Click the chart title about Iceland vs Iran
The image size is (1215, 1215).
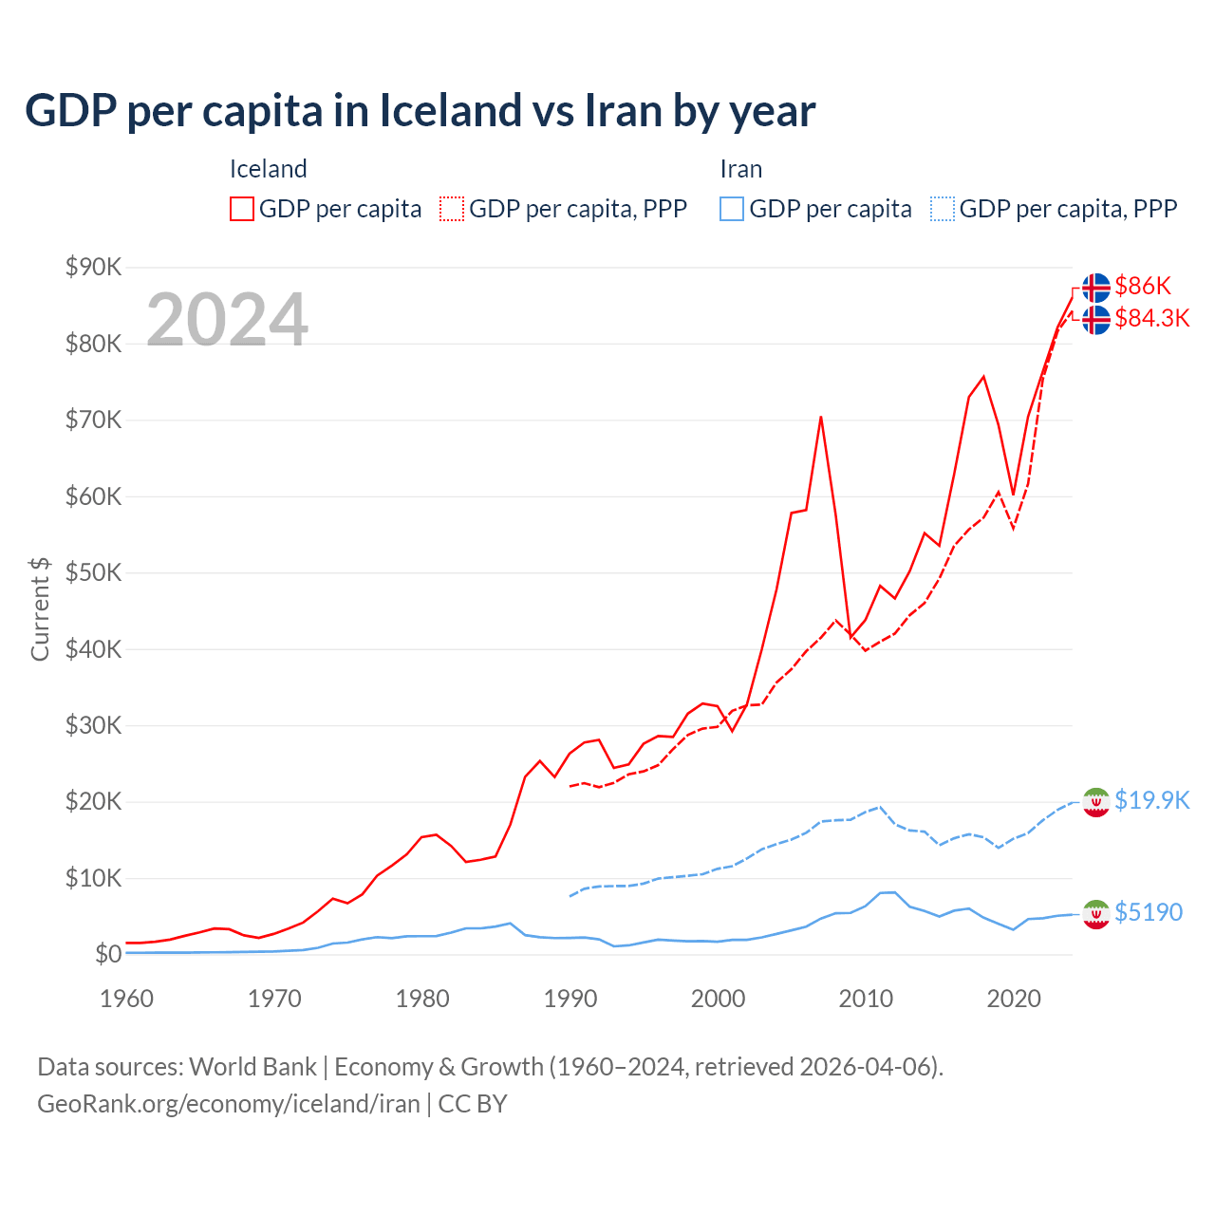coord(420,111)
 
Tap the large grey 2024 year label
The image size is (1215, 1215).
coord(227,320)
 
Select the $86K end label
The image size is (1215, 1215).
coord(1143,286)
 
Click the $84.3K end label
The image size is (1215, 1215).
coord(1151,318)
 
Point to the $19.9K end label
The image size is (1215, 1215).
coord(1151,800)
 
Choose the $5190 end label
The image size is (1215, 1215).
coord(1149,912)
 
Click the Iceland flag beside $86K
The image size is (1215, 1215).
coord(1096,287)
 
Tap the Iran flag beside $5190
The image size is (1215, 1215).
coord(1096,913)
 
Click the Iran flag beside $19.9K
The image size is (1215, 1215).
coord(1096,802)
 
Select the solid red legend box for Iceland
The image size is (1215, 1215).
coord(242,209)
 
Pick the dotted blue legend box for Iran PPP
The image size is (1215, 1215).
coord(943,209)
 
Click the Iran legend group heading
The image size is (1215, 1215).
coord(740,169)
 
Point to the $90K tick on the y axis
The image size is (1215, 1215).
coord(93,267)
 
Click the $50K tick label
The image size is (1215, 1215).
coord(93,572)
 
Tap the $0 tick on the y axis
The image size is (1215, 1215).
coord(108,954)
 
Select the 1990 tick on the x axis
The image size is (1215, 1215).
coord(570,999)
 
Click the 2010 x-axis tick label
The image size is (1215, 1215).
coord(866,999)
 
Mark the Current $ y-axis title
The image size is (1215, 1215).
coord(40,608)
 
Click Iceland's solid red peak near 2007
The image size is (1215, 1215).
coord(820,417)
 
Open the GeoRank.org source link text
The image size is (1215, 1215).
coord(228,1104)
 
